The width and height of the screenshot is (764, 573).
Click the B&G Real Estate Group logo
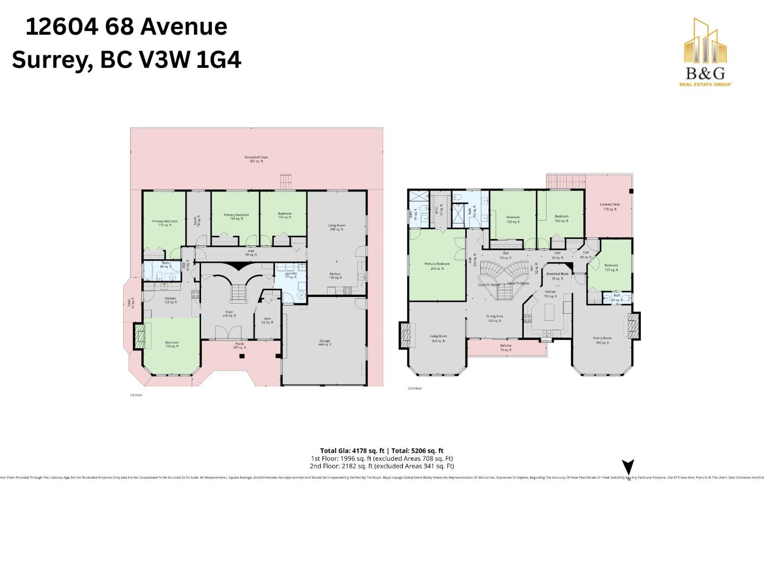coord(705,53)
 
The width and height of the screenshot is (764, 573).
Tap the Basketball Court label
coord(256,159)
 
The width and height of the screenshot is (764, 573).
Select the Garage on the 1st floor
coord(325,342)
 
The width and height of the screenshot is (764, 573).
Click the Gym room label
coord(267,320)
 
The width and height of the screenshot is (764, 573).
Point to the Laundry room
coord(291,275)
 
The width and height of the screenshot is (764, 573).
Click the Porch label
coord(239,345)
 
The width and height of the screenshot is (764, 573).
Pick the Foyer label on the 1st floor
coord(229,314)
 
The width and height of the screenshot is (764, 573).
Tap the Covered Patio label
coord(609,207)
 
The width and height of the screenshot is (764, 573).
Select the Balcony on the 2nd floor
coord(506,348)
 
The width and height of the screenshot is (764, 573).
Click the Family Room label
coord(602,340)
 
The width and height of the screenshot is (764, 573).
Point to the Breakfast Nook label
coord(557,276)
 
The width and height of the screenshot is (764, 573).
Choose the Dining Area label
coord(495,318)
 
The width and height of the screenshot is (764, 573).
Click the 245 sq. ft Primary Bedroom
coord(437,266)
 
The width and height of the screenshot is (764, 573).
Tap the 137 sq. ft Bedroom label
coord(611,267)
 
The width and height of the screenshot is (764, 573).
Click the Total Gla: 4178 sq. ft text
coord(352,450)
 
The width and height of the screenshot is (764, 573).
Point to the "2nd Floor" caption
coord(414,388)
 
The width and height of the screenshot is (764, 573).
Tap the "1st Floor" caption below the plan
coord(136,395)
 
